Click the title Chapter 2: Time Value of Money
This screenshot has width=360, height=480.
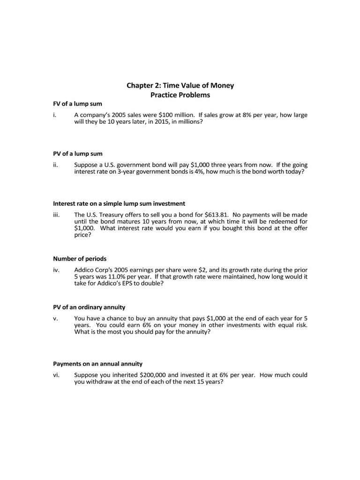coord(180,85)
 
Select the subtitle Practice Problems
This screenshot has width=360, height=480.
coord(180,95)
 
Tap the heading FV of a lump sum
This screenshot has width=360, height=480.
coord(78,104)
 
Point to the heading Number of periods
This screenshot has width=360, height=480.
coord(80,259)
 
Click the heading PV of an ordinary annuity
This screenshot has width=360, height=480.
coord(89,307)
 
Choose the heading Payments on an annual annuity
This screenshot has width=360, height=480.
coord(97,364)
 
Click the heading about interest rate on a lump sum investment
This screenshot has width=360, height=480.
coord(119,203)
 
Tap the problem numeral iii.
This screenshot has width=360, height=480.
coord(56,215)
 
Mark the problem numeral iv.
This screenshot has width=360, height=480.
coord(56,270)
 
